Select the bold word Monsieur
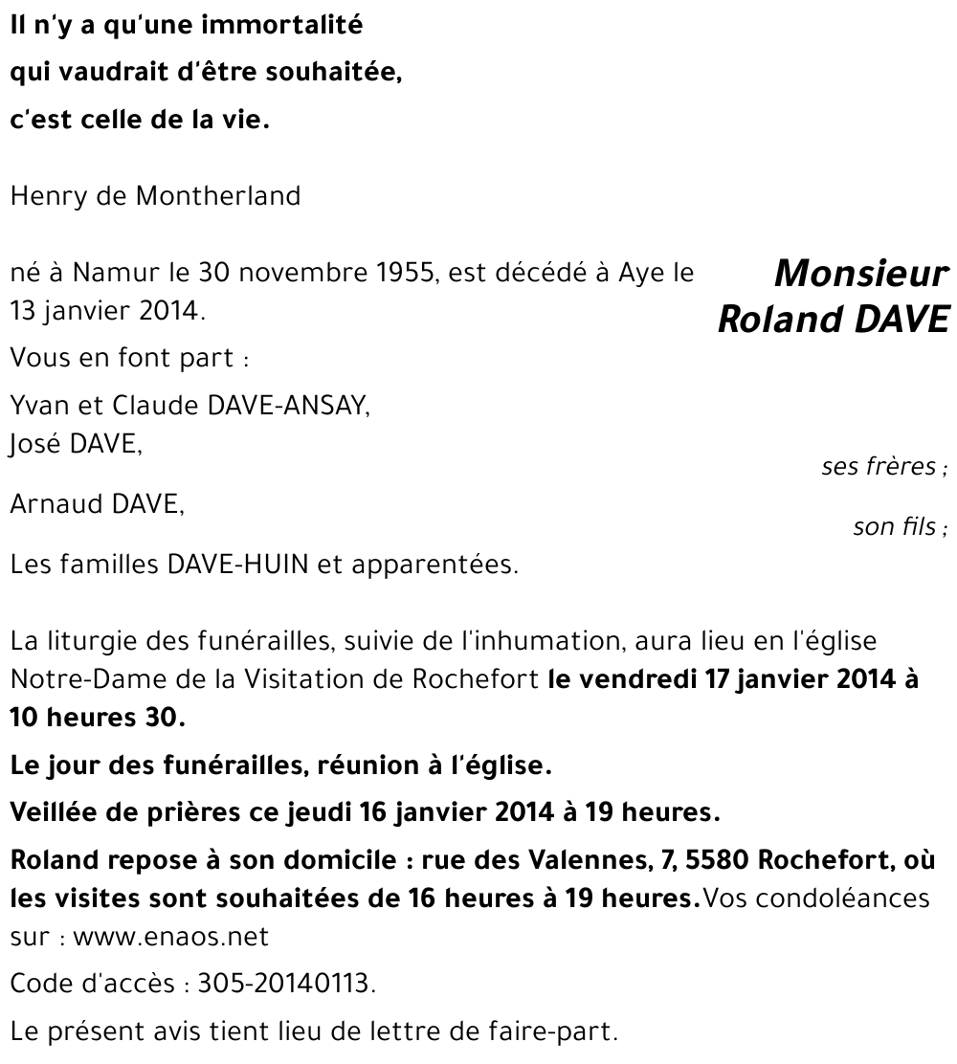(x=861, y=275)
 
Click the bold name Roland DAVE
(x=833, y=319)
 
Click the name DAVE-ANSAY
(x=287, y=406)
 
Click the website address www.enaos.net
(x=170, y=937)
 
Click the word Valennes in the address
(x=583, y=858)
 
